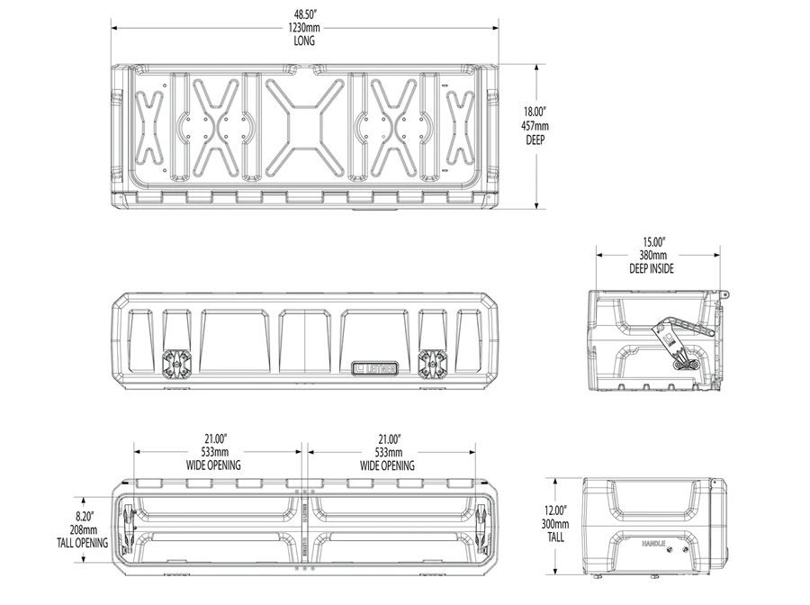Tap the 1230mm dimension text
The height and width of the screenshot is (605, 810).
pyautogui.click(x=305, y=28)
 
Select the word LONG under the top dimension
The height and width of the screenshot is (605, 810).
pyautogui.click(x=305, y=41)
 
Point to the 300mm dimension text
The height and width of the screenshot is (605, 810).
pyautogui.click(x=554, y=524)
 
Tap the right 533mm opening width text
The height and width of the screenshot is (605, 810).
pyautogui.click(x=387, y=452)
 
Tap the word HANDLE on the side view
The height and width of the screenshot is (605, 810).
pyautogui.click(x=653, y=545)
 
